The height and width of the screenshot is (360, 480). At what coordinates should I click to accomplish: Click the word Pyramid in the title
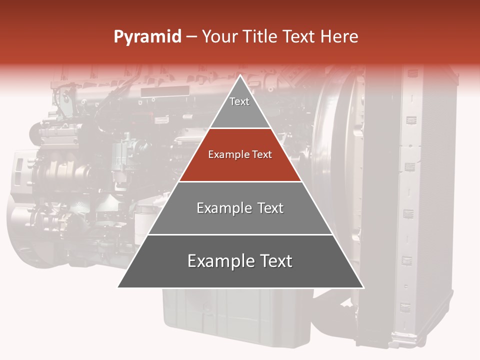coord(147,37)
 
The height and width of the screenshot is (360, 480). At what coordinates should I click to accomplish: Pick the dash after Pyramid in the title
coord(191,37)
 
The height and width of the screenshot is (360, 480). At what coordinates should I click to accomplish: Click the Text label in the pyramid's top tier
coord(239,101)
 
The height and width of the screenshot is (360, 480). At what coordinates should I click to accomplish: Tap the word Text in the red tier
coord(262,155)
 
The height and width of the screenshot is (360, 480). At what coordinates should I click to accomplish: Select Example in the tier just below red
coord(223,208)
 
